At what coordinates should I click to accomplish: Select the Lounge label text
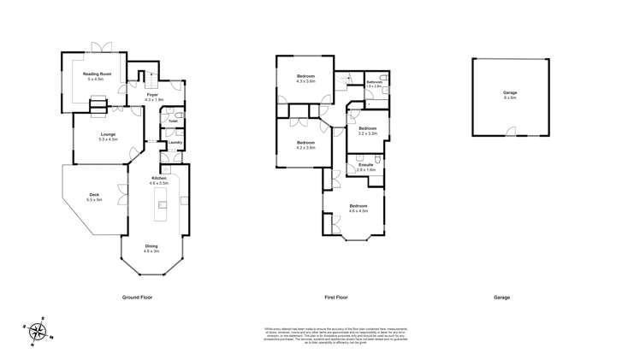coord(108,133)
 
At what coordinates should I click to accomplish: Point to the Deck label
coord(94,195)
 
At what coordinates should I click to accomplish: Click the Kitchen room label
coord(159,179)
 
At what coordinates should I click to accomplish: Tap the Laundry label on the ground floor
coord(175,143)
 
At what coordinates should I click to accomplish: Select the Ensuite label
coord(365,165)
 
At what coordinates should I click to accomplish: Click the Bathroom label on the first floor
coord(374,82)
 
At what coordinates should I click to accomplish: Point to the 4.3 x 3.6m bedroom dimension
coord(305,82)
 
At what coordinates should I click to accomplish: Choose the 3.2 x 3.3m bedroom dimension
coord(368,134)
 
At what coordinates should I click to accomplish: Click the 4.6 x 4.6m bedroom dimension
coord(358,210)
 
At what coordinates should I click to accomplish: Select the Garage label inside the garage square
coord(510,93)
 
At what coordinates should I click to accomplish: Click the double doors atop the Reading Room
coord(103,45)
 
